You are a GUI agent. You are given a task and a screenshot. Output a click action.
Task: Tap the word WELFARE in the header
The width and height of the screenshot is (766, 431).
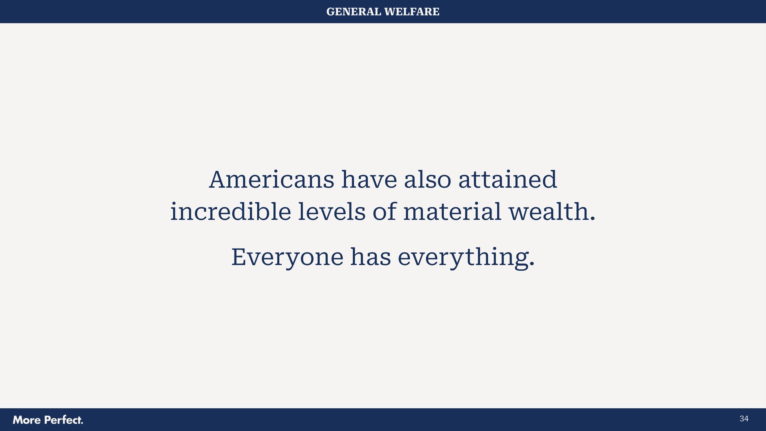click(412, 12)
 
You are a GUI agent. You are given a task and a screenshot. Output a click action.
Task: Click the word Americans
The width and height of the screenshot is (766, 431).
click(271, 180)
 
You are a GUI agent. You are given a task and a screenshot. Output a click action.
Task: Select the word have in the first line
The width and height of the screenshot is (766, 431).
click(369, 180)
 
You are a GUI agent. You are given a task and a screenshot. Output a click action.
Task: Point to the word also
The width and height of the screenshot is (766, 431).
click(427, 180)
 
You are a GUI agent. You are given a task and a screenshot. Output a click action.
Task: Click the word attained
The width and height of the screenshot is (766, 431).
click(507, 180)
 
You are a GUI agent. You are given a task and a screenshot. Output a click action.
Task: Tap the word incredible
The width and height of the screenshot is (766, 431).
click(231, 212)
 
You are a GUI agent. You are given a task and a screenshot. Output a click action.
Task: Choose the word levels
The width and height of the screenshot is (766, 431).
click(332, 212)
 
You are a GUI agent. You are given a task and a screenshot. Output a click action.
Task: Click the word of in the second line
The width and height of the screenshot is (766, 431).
click(385, 212)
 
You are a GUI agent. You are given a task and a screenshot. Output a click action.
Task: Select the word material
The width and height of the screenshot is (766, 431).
click(452, 212)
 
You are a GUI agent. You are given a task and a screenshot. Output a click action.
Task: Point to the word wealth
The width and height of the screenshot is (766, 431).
click(549, 212)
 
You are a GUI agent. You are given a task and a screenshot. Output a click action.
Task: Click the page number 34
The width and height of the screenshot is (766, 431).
click(744, 419)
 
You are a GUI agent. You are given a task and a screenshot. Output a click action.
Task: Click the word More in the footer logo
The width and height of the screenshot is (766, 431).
click(27, 420)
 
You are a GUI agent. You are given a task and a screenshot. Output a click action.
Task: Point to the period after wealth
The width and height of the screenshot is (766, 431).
click(592, 218)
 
